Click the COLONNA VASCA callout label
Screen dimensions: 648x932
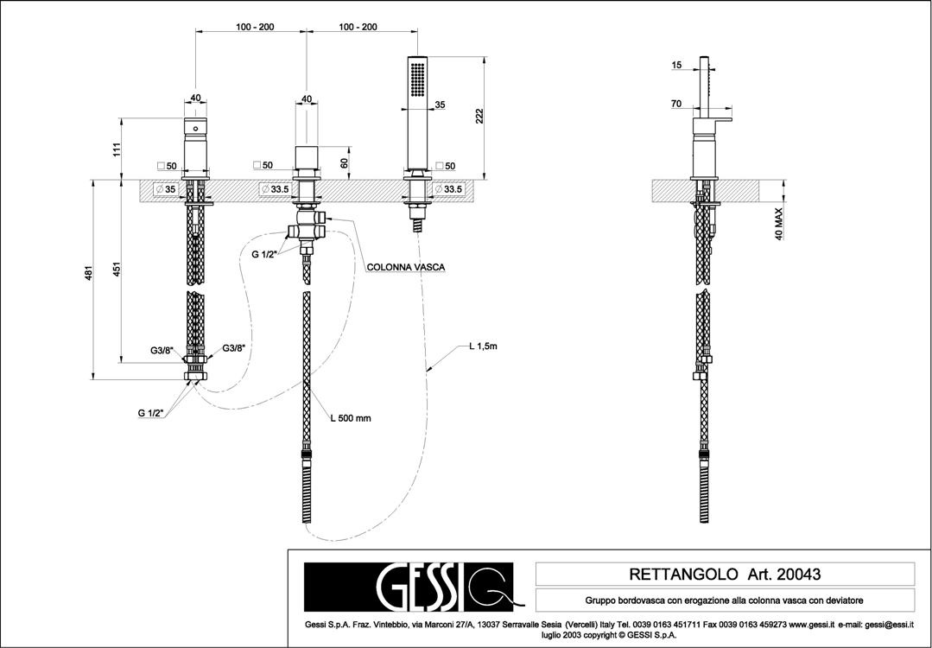(406, 268)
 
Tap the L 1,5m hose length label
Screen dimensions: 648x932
(484, 346)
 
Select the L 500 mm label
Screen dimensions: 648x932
(350, 418)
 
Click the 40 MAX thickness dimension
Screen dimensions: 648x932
(779, 222)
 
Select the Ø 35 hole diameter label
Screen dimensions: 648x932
(165, 189)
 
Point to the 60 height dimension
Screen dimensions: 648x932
(344, 162)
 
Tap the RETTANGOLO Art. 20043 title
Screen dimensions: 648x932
(724, 574)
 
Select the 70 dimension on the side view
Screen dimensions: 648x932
(676, 104)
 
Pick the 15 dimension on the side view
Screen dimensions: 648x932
(676, 65)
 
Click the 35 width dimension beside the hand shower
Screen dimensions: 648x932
(441, 105)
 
